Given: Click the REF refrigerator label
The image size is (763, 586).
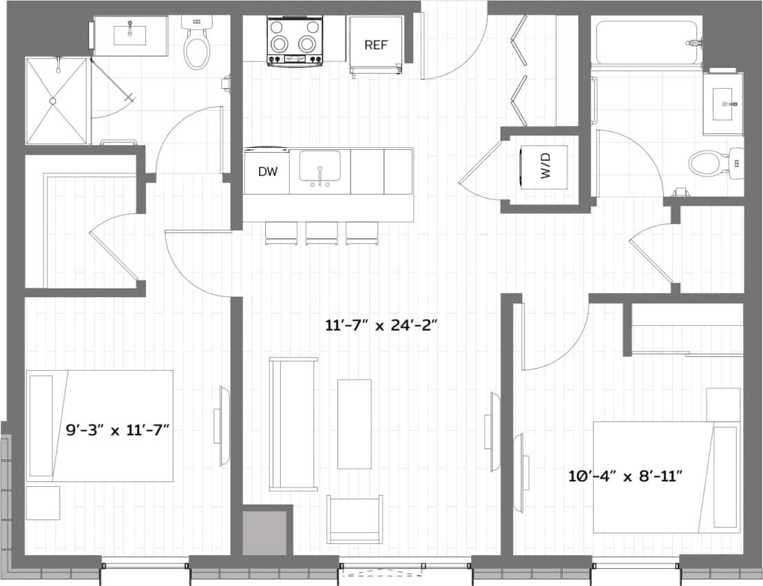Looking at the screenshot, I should pos(376,45).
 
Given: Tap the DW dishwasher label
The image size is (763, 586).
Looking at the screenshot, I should pos(268,172).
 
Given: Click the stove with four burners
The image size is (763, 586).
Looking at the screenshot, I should pos(295,41).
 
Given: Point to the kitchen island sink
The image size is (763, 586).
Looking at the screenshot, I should pos(320,167).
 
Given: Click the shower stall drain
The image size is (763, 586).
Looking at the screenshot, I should pos(52,101).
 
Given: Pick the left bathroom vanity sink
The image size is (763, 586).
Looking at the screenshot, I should pos(129,34).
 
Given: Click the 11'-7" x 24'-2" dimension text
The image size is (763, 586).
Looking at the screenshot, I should pos(382,325).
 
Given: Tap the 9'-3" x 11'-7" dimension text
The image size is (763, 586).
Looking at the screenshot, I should pos(118,431).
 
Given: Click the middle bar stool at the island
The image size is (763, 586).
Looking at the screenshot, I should pos(322,233).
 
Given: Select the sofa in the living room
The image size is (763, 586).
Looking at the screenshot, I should pos(293,424).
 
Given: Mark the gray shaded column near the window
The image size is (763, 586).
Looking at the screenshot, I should pos(265,532).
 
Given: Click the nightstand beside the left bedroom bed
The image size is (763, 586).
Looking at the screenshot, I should pos(43,502).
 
